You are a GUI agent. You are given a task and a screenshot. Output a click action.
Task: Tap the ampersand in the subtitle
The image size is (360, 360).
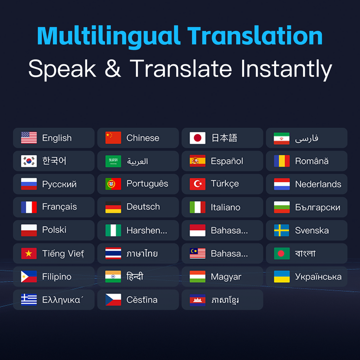[112, 69]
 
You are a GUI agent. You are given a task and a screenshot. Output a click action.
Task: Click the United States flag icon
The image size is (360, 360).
[29, 138]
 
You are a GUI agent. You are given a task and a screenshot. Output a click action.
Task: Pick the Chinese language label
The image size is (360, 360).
[143, 138]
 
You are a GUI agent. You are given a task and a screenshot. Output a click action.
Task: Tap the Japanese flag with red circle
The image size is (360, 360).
[198, 138]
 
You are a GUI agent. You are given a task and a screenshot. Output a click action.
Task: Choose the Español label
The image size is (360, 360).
[227, 161]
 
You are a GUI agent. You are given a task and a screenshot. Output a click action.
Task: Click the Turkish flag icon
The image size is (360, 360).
[198, 184]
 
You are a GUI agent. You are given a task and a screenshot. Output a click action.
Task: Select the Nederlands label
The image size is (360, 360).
[318, 184]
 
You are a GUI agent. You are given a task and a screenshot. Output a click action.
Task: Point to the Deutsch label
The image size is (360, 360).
[143, 207]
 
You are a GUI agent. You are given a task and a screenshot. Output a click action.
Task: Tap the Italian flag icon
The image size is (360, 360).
[198, 207]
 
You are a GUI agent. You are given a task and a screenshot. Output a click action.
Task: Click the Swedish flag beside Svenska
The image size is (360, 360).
[282, 230]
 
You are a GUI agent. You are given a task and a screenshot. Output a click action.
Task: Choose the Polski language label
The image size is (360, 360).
[54, 230]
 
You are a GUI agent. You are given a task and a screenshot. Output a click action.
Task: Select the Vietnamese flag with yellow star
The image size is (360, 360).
[29, 253]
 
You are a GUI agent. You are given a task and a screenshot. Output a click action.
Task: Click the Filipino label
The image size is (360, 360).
[57, 277]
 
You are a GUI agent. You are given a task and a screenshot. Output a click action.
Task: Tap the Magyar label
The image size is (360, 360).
[226, 277]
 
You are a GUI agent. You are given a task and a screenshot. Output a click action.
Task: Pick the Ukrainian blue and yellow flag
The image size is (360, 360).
[282, 276]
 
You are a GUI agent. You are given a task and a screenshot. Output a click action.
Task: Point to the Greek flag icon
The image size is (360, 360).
[29, 300]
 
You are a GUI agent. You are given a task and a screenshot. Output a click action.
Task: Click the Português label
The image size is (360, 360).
[147, 184]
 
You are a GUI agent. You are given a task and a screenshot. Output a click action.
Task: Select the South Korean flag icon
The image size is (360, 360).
[29, 161]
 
